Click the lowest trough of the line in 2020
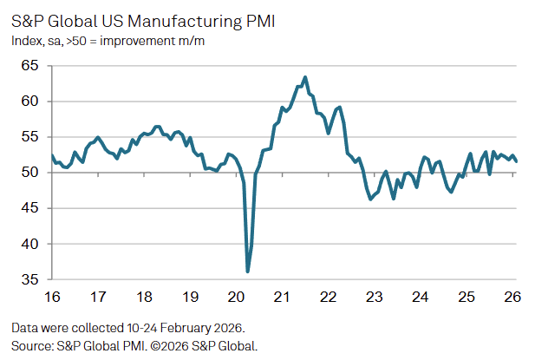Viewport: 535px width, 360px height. pyautogui.click(x=248, y=272)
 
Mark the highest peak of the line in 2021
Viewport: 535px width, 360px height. pyautogui.click(x=305, y=76)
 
